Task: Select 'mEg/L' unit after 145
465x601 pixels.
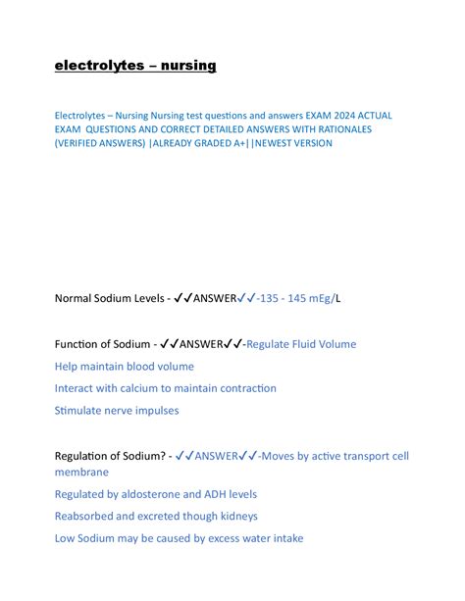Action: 325,297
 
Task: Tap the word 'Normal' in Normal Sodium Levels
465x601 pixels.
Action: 77,297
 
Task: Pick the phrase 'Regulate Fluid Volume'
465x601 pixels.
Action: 301,344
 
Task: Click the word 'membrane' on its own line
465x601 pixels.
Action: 82,473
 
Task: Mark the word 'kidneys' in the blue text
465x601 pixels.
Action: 236,516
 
